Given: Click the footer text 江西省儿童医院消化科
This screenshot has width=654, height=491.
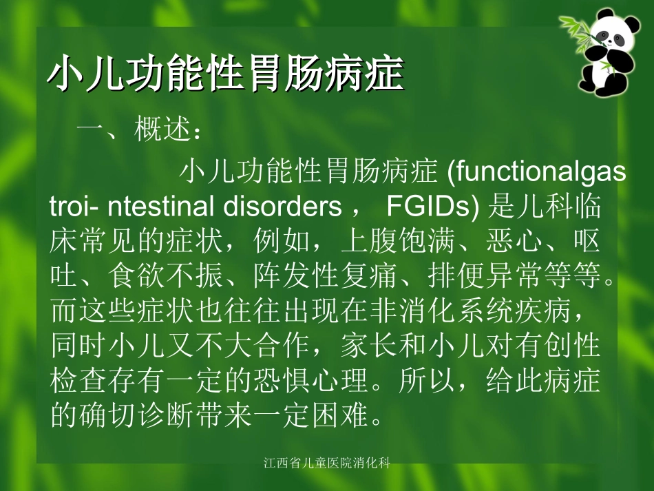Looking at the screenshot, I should click(327, 463).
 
